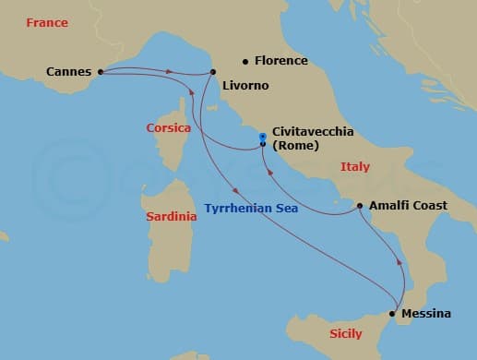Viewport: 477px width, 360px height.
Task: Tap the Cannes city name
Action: pos(67,70)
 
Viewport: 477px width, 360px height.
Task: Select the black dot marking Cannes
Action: pos(100,70)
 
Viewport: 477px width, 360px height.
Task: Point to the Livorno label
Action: pos(244,86)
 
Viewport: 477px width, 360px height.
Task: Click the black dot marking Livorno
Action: pos(213,72)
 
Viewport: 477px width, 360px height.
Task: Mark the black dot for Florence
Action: pos(245,62)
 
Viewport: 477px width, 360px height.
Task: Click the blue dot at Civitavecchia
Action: pos(263,137)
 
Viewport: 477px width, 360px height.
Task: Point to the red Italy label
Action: pos(354,167)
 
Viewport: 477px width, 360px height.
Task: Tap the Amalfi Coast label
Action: pos(408,206)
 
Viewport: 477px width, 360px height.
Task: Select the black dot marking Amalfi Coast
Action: pos(359,206)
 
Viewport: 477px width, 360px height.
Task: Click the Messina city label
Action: pos(428,314)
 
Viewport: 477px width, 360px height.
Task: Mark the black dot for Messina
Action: pos(394,314)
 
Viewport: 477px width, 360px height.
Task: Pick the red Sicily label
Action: pos(346,334)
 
